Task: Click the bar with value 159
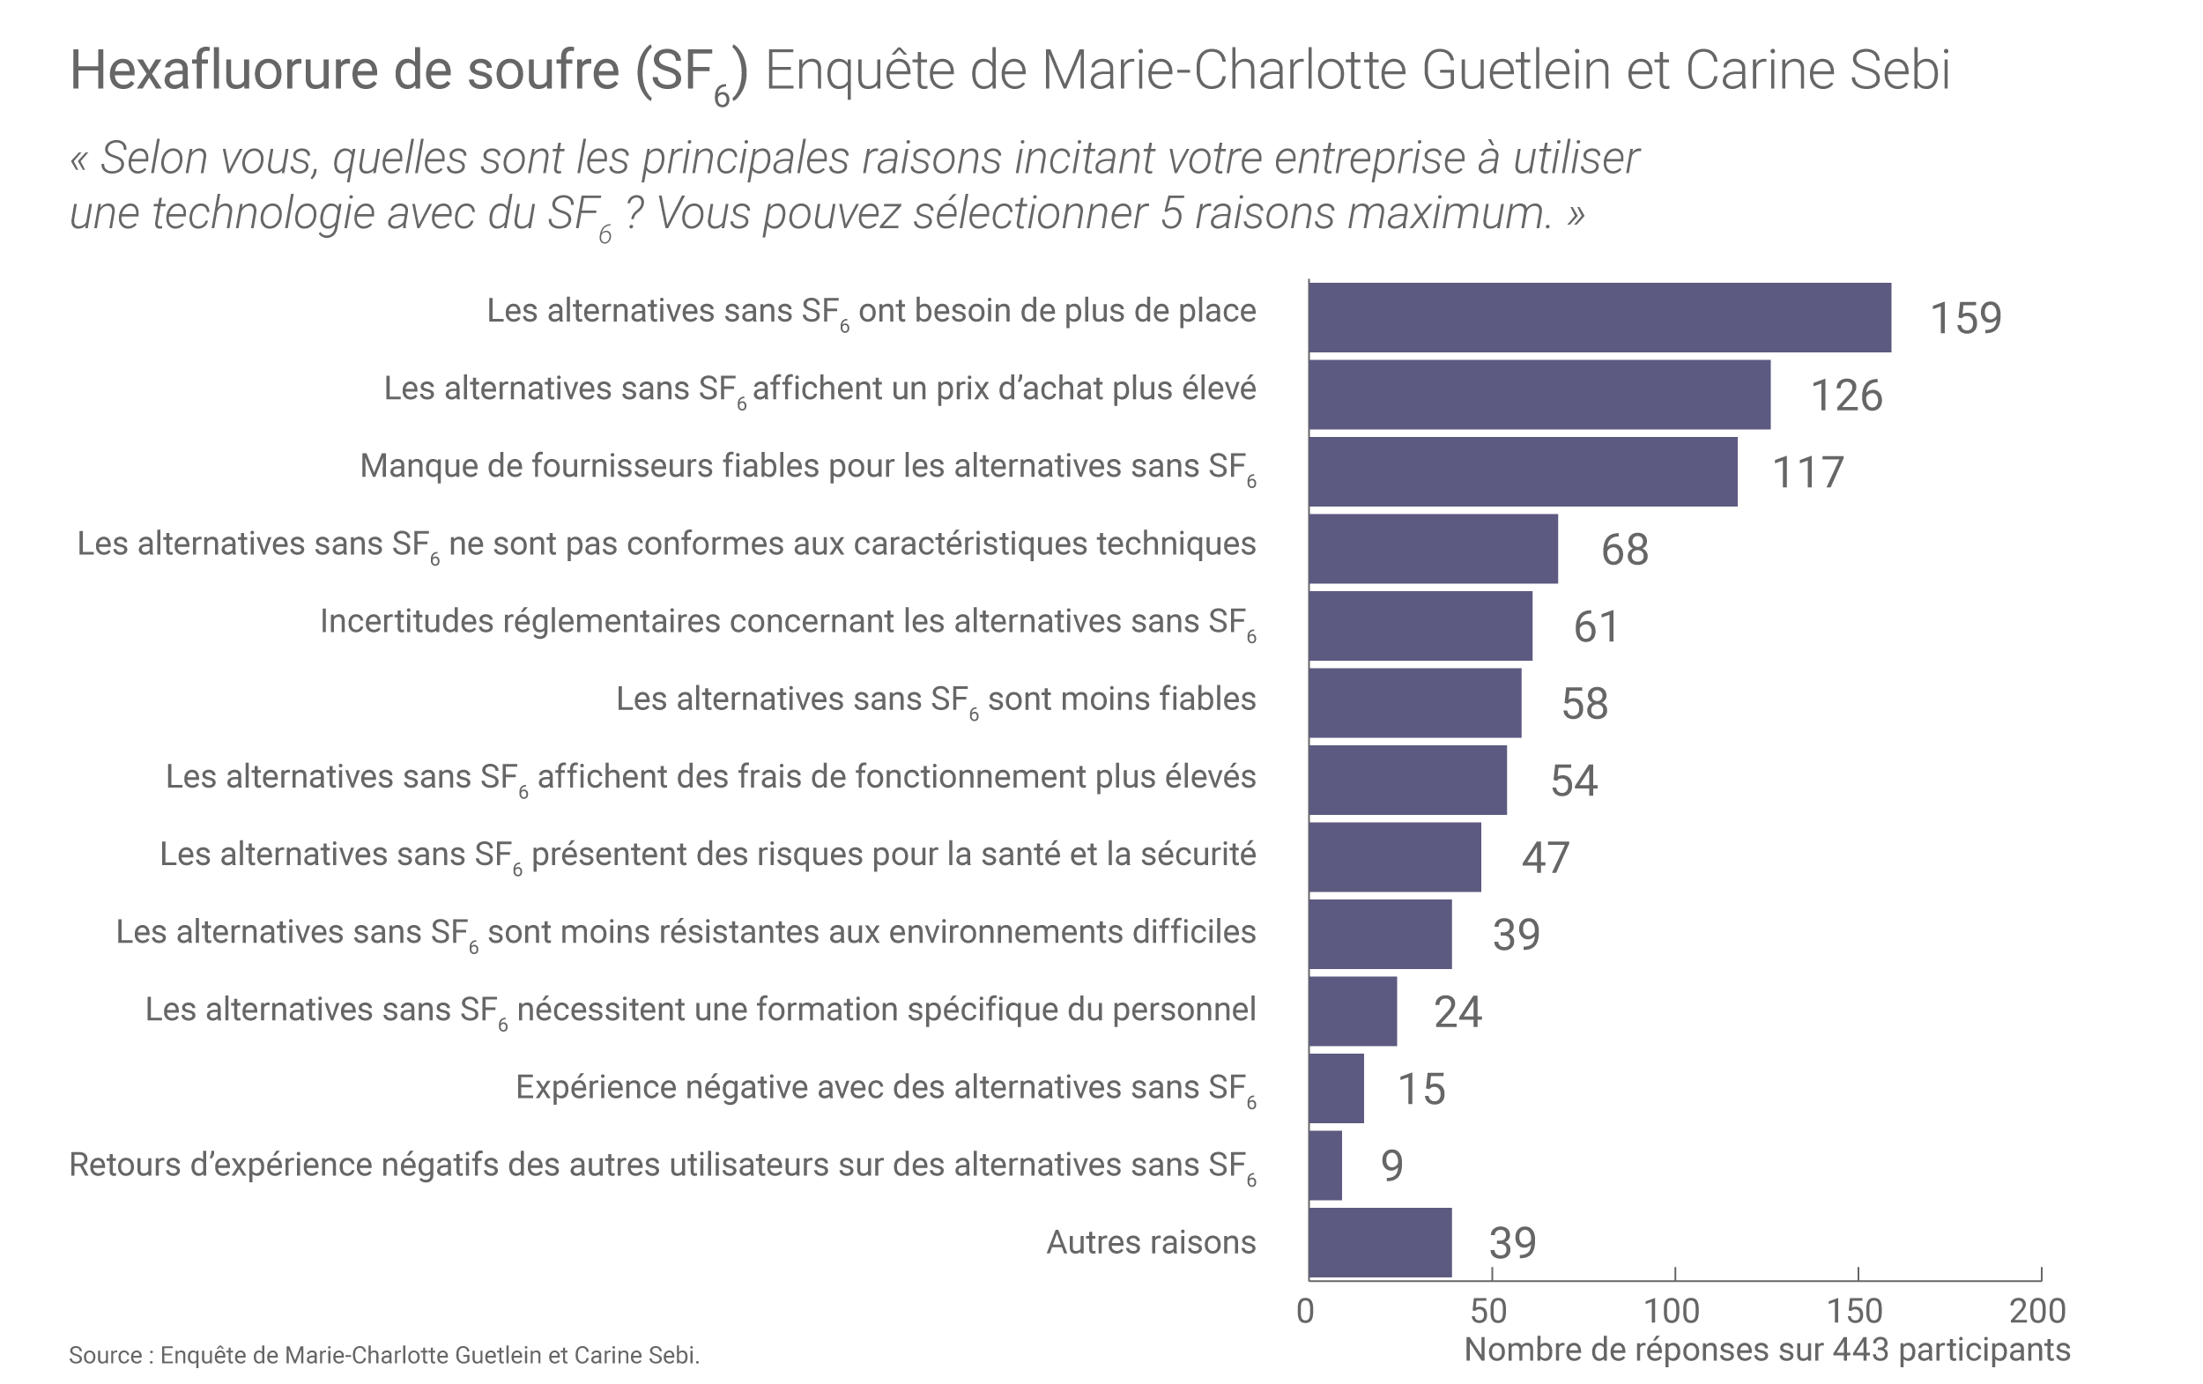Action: pos(1599,317)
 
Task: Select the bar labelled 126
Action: pos(1539,395)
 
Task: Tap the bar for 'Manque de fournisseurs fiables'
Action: pos(1523,472)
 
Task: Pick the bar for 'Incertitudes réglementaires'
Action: pos(1420,626)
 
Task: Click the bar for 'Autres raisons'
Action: pos(1380,1242)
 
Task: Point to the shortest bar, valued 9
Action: pos(1324,1166)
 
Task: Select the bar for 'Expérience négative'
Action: pos(1336,1089)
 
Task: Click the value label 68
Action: pos(1625,550)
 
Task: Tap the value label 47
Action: pos(1546,858)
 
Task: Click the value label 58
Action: pos(1584,703)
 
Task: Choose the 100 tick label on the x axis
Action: pos(1672,1311)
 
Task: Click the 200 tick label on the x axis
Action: pos(2037,1311)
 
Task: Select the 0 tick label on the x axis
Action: pos(1306,1311)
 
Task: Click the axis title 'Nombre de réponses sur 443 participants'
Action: pos(1767,1351)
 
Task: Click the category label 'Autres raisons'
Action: pos(1151,1242)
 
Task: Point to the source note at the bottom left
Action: pos(384,1355)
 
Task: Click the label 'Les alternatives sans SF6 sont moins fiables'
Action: pos(935,699)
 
